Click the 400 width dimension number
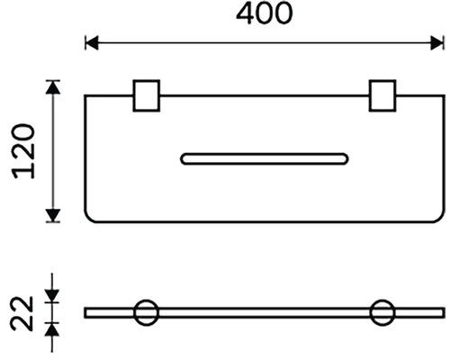[x=264, y=13]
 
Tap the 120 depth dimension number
[x=23, y=151]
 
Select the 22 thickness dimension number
[x=22, y=313]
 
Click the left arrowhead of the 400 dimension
[x=92, y=43]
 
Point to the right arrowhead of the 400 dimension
[x=436, y=43]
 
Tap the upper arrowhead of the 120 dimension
[x=53, y=87]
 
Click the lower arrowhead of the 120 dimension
[x=53, y=215]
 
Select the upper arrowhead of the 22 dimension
[x=52, y=296]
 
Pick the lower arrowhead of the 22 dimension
[x=52, y=330]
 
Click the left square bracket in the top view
[x=147, y=95]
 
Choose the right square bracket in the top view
[x=382, y=95]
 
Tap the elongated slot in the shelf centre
[x=265, y=159]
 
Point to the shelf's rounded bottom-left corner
[x=88, y=219]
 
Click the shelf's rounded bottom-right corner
[x=441, y=219]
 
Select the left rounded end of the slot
[x=181, y=159]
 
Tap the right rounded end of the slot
[x=347, y=159]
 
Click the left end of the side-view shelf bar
[x=85, y=312]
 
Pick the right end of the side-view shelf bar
[x=445, y=312]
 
